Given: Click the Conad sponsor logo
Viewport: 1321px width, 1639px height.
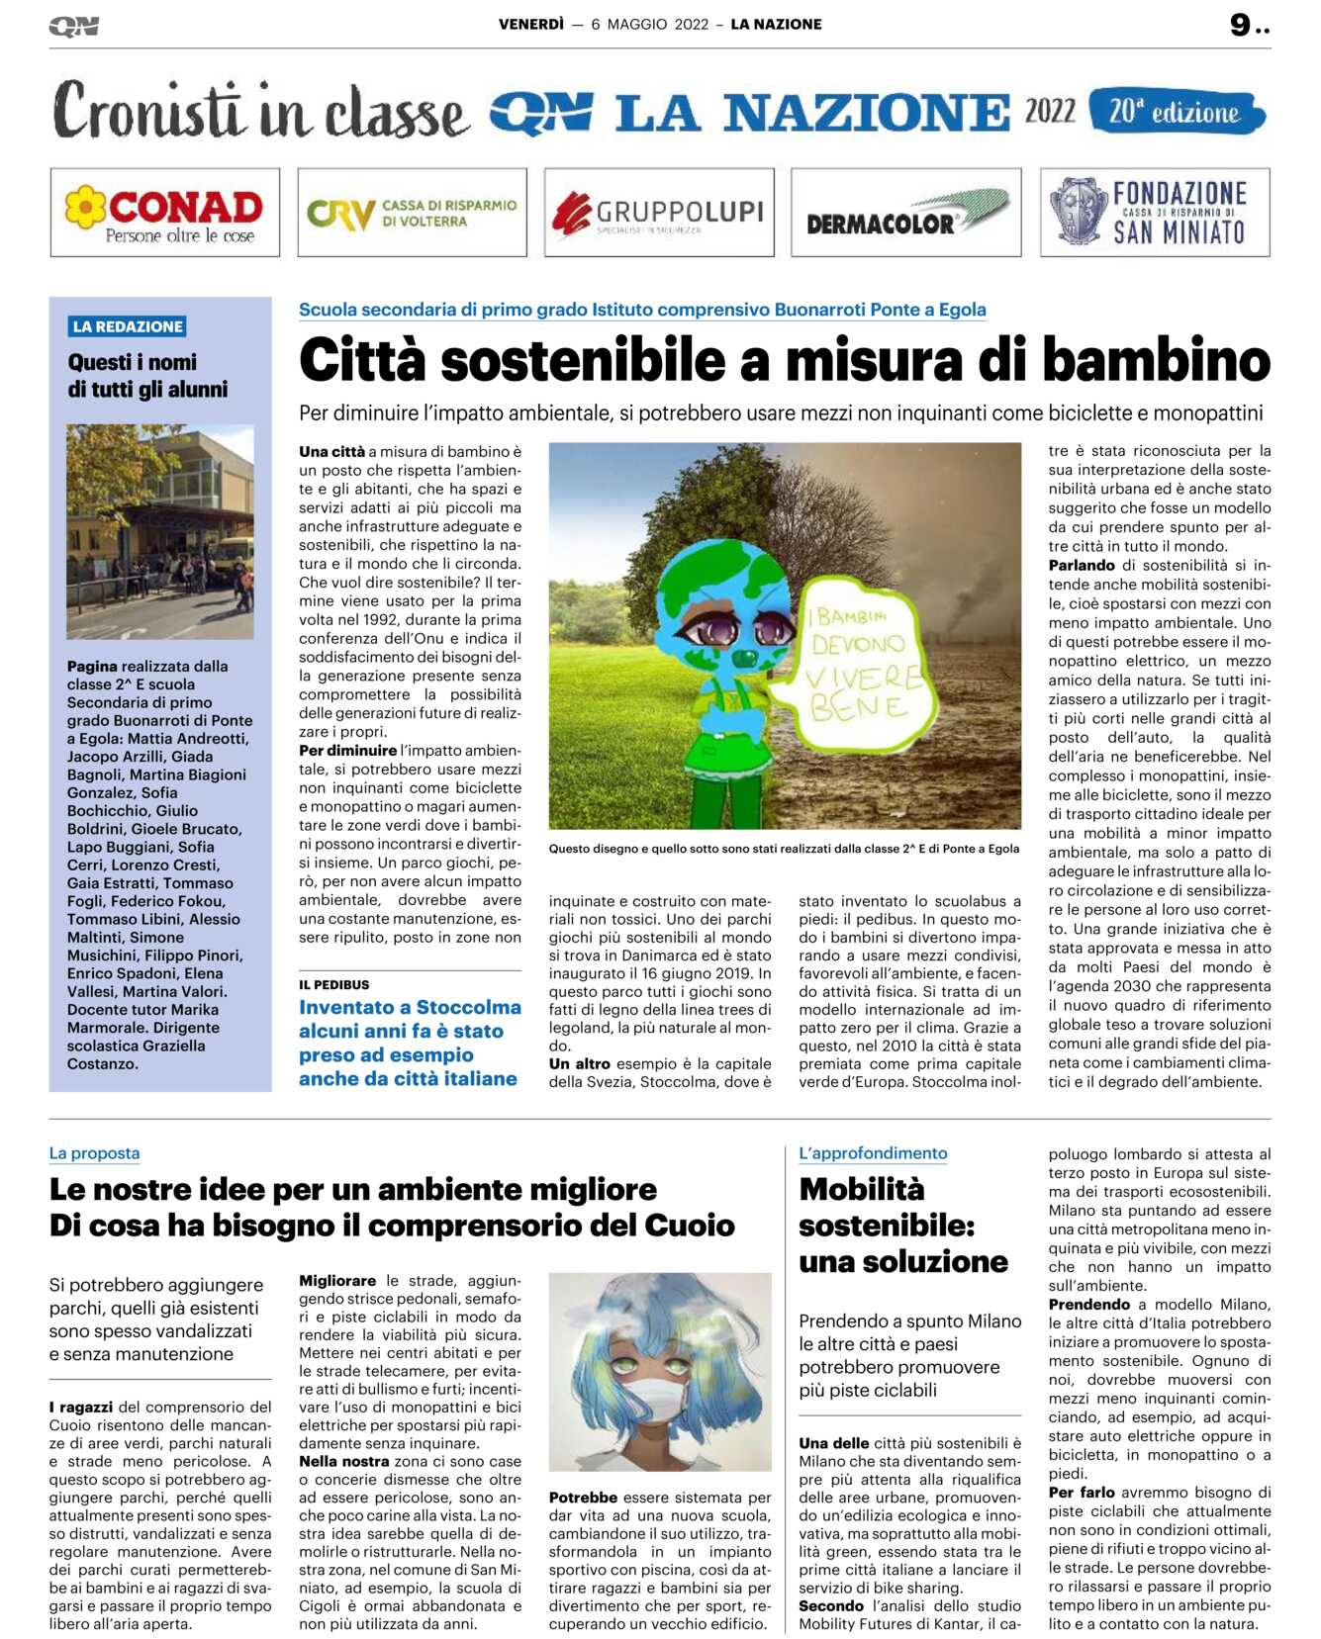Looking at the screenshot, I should coord(164,213).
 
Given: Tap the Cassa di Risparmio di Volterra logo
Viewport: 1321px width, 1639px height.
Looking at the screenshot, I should coord(412,213).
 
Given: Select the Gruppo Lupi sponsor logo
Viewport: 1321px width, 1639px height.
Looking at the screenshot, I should coord(659,213).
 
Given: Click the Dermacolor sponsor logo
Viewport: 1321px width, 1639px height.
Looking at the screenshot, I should coord(905,213).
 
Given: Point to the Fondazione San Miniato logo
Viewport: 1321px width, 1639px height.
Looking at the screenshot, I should coord(1154,213).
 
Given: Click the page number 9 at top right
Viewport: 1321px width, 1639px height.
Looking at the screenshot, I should coord(1241,25).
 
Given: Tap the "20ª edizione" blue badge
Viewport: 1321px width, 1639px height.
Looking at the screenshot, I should coord(1176,112).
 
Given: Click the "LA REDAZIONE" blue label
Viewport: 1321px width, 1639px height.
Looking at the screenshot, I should coord(128,326).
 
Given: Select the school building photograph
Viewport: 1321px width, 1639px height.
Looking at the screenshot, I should coord(159,531).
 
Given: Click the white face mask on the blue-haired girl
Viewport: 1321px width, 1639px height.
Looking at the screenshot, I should coord(661,1402).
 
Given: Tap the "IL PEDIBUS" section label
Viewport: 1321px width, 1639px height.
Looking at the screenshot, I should coord(333,985).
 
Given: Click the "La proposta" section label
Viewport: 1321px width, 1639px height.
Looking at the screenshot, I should coord(94,1153).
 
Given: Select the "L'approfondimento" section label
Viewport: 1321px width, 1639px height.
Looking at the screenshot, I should coord(873,1153).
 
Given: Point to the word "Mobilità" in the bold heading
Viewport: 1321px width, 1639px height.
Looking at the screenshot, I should coord(861,1190).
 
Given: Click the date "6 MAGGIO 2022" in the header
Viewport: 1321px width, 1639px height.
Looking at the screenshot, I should coord(650,25).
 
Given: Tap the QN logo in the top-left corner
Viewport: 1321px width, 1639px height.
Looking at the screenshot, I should coord(74,27).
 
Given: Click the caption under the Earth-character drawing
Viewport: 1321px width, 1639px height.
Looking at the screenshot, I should coord(784,849).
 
